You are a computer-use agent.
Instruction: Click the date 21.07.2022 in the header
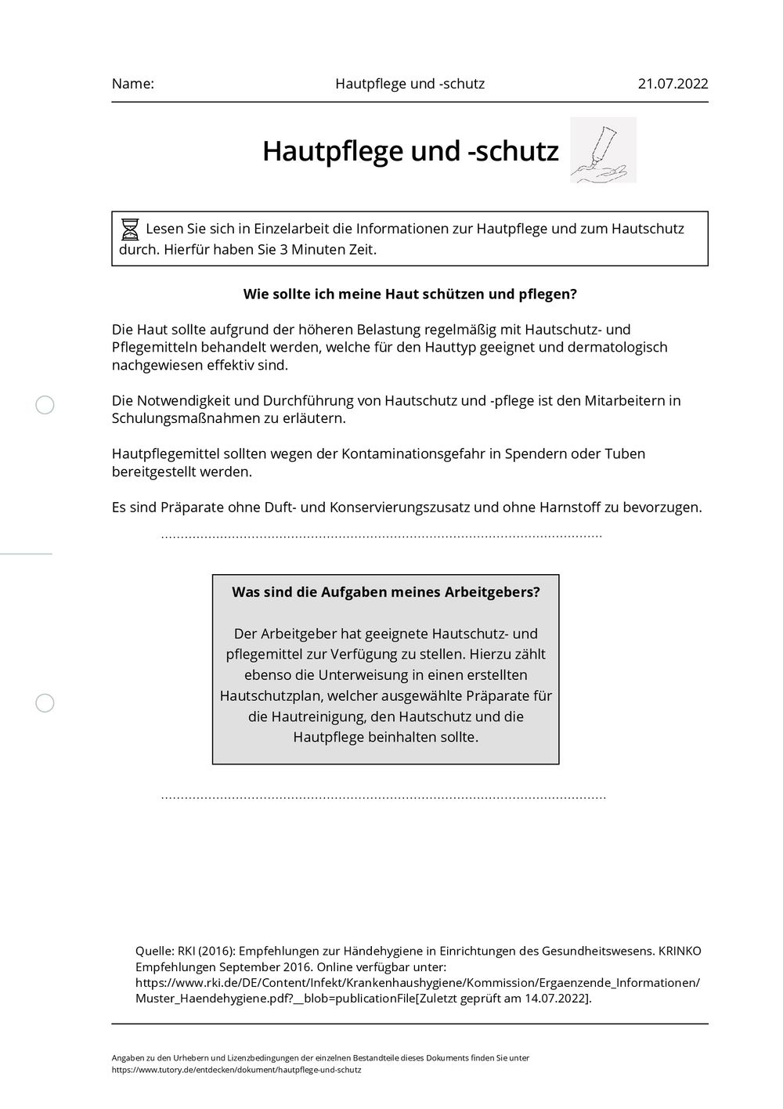pos(673,84)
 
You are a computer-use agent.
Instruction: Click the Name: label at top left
pos(133,84)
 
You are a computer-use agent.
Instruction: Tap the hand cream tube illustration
pos(603,150)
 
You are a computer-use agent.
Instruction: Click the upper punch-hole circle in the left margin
pos(45,405)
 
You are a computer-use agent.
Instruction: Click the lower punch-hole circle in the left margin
pos(45,703)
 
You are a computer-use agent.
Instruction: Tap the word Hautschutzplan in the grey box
pos(272,695)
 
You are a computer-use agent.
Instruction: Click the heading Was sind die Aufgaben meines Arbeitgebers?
pos(385,592)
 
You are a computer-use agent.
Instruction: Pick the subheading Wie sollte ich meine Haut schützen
pos(410,294)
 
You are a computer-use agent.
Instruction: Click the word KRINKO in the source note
pos(679,951)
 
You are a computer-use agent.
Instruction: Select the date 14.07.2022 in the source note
pos(557,999)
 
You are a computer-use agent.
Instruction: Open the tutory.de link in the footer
pos(236,1069)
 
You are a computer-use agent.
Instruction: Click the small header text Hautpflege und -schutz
pos(410,84)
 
